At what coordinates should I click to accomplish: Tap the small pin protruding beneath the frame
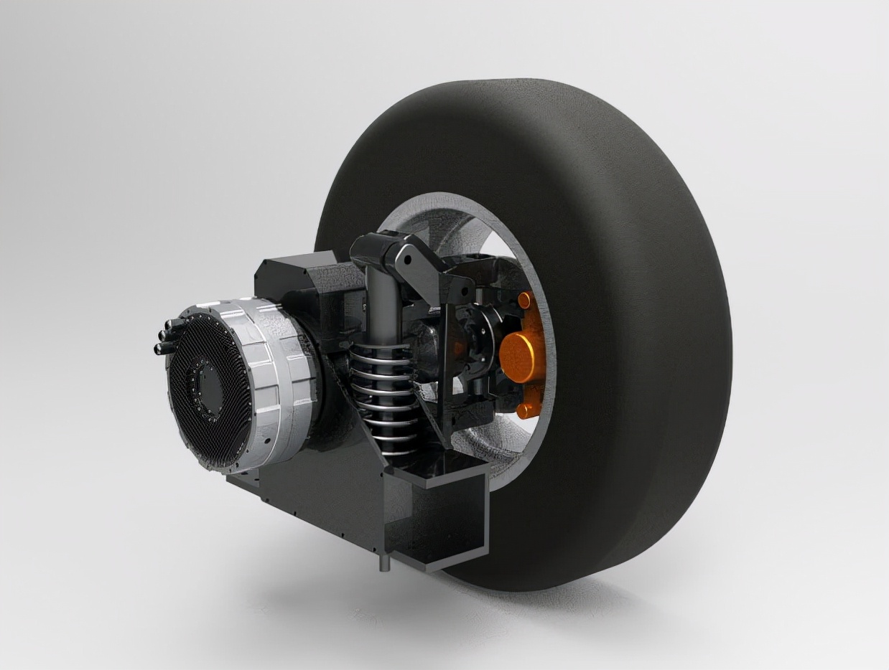(382, 560)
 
